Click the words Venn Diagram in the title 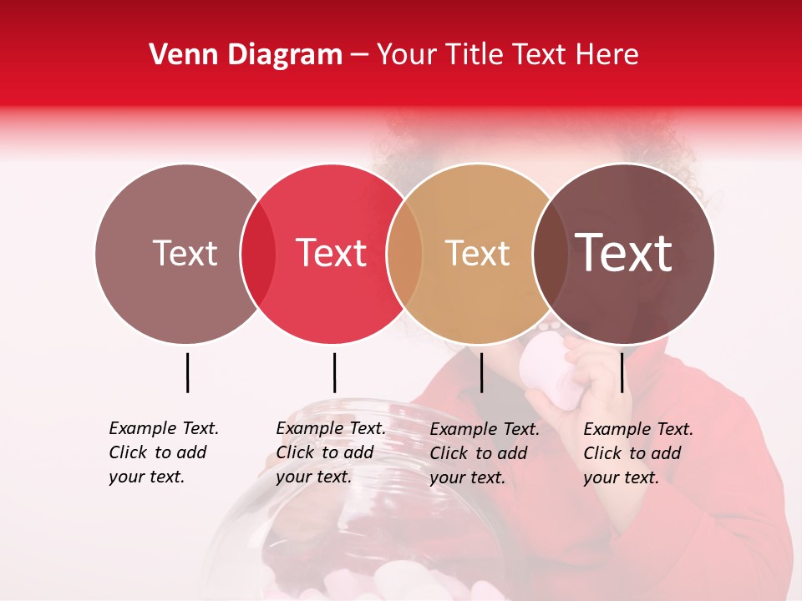[246, 55]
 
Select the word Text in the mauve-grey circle [185, 254]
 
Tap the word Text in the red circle [331, 254]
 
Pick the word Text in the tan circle [477, 254]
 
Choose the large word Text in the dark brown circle [623, 254]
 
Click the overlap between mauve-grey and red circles [258, 254]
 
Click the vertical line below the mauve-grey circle [187, 372]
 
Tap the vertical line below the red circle [334, 372]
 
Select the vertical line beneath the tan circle [481, 372]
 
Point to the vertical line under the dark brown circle [622, 372]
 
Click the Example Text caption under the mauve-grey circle [163, 452]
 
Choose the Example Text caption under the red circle [330, 452]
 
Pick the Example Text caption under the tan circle [484, 453]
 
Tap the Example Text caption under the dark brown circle [637, 453]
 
